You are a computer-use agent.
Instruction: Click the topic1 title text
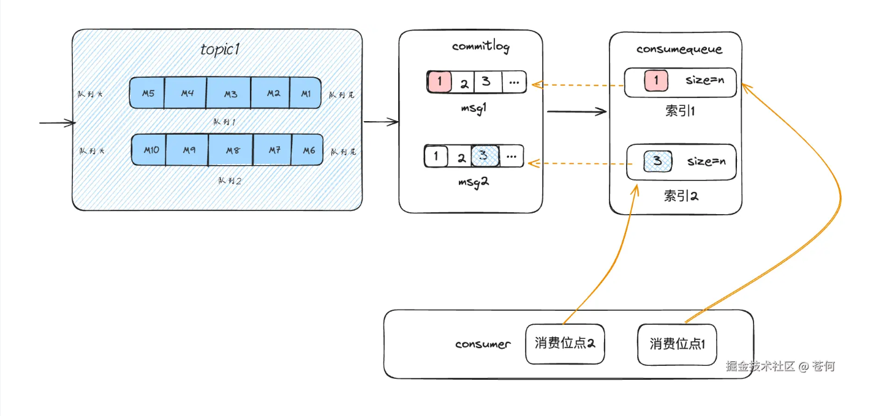point(219,50)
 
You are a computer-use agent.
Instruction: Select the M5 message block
point(147,93)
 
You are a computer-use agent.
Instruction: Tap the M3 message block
point(230,93)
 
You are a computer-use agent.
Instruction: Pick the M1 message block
point(305,93)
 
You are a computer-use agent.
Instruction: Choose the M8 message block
point(231,149)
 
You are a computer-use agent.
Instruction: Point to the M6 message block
point(308,149)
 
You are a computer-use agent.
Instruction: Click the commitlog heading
point(480,46)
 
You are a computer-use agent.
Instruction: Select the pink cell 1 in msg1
point(439,82)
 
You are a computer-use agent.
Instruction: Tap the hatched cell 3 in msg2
point(485,155)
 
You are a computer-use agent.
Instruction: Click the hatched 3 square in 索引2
point(658,161)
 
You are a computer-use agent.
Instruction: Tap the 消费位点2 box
point(565,343)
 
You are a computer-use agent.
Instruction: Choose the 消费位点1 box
point(678,344)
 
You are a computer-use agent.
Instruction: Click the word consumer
point(483,344)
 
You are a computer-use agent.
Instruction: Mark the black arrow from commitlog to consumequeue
point(576,111)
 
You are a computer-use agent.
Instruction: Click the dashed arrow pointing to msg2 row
point(576,163)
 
